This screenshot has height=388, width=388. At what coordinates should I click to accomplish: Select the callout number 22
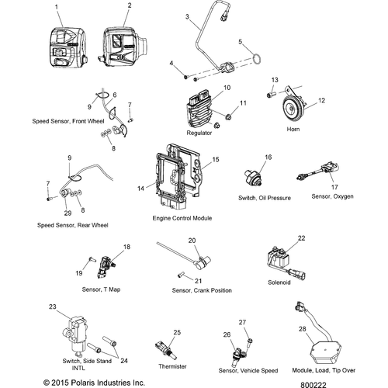(302, 238)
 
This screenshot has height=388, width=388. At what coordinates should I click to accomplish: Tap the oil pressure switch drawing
(254, 178)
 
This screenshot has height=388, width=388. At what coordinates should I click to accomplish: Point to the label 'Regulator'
(199, 133)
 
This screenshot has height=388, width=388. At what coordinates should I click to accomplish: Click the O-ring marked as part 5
(256, 58)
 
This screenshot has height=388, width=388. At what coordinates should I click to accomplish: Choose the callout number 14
(140, 189)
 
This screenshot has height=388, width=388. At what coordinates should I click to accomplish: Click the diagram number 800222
(314, 385)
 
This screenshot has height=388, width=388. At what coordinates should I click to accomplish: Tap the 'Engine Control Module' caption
(182, 218)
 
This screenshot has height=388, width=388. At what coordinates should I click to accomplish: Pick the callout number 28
(303, 329)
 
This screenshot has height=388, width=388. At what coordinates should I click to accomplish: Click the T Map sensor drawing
(106, 267)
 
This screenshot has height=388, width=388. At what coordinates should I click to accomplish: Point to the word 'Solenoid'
(279, 282)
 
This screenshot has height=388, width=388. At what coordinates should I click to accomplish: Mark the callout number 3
(187, 17)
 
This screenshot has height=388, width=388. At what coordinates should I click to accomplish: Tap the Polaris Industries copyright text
(94, 383)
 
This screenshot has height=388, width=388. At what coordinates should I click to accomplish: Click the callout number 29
(68, 213)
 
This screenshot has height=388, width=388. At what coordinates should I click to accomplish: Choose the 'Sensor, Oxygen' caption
(332, 196)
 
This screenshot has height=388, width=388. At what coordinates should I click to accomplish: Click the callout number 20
(192, 241)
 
